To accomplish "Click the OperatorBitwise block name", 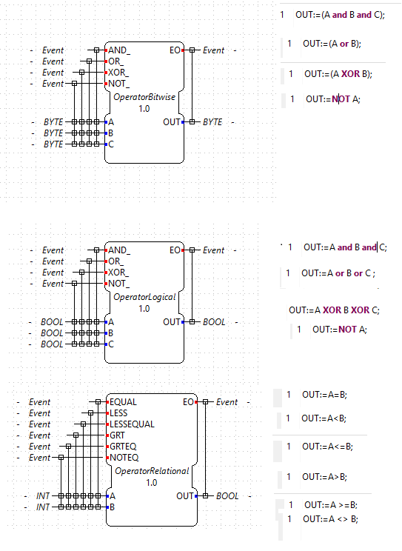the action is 144,97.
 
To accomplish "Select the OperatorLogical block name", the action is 144,297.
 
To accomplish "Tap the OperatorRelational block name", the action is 152,471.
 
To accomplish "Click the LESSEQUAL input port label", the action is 132,424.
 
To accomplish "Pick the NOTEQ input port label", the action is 124,458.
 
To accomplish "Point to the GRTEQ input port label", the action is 123,447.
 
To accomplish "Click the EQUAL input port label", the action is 123,402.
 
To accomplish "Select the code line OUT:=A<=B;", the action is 327,447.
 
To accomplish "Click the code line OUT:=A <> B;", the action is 330,519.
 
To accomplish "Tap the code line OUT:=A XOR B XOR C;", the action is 334,310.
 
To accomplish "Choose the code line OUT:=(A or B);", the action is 332,44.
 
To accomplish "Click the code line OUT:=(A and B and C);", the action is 340,15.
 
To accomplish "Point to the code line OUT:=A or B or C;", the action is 338,273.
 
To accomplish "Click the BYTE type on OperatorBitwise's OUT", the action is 212,122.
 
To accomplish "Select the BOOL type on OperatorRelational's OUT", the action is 227,496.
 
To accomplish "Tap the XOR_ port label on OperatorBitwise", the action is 118,73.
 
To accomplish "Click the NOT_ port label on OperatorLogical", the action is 118,284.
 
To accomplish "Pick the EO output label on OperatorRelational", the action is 188,402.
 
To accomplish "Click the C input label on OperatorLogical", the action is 111,344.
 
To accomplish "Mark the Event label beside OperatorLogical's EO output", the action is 213,250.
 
